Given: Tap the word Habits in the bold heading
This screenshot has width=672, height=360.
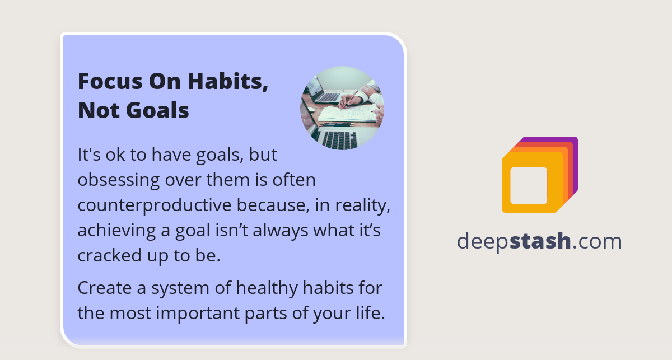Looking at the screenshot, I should [227, 81].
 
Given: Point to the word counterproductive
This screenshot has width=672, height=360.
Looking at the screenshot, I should [155, 205].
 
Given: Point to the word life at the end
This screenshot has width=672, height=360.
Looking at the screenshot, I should [371, 313].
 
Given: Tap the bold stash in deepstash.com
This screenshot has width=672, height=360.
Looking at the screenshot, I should [540, 241].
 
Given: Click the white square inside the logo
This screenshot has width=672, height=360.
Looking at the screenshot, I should [529, 185].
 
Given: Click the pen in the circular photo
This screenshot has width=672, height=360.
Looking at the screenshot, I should [350, 99].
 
